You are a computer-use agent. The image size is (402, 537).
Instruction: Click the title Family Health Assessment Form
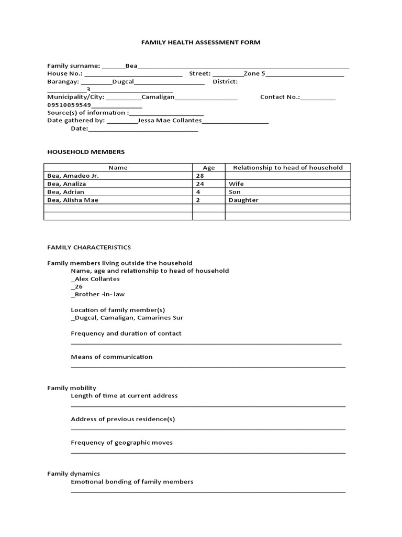200,42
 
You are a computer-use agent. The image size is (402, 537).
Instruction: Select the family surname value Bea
131,66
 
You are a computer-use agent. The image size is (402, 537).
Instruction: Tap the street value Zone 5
254,73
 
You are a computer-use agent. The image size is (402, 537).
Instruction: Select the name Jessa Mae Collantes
169,120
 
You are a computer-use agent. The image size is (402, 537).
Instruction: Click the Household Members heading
86,152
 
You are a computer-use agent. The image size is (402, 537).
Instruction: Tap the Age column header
208,168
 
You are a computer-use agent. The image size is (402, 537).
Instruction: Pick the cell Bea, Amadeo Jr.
73,176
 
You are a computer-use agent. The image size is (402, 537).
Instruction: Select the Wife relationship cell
236,184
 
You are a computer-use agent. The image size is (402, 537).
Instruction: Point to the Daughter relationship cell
243,200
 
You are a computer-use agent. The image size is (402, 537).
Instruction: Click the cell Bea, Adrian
66,192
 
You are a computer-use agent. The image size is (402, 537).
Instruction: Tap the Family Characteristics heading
89,247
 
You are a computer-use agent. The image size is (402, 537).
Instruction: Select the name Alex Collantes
95,279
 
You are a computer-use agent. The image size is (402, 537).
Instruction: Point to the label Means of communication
111,357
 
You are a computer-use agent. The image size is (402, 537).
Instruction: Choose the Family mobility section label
72,388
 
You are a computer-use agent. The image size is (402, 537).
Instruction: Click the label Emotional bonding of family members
132,481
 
